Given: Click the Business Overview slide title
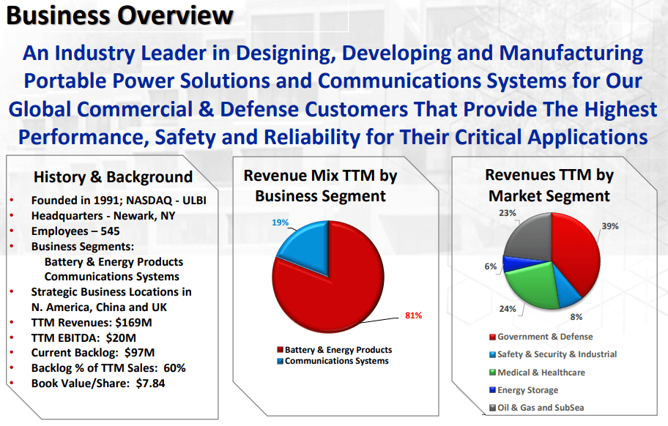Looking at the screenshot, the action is click(119, 16).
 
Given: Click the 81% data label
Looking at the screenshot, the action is click(413, 315).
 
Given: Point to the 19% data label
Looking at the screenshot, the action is click(281, 223).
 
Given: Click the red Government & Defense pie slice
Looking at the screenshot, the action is click(575, 251).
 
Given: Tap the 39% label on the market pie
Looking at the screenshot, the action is click(610, 226).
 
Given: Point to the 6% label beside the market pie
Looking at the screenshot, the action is click(491, 266).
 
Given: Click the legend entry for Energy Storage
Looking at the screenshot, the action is click(524, 390).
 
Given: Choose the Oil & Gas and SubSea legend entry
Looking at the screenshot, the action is click(537, 407).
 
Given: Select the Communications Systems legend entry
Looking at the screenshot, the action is click(333, 361).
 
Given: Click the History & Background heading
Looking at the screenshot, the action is click(114, 176).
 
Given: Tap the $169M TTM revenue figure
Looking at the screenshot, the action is click(133, 322).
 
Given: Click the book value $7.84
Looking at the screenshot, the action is click(150, 383).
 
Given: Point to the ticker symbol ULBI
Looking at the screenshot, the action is click(194, 200).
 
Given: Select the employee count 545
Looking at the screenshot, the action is click(110, 231).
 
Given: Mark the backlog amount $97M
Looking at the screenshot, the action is click(140, 352).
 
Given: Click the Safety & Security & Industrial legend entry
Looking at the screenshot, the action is click(553, 354).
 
